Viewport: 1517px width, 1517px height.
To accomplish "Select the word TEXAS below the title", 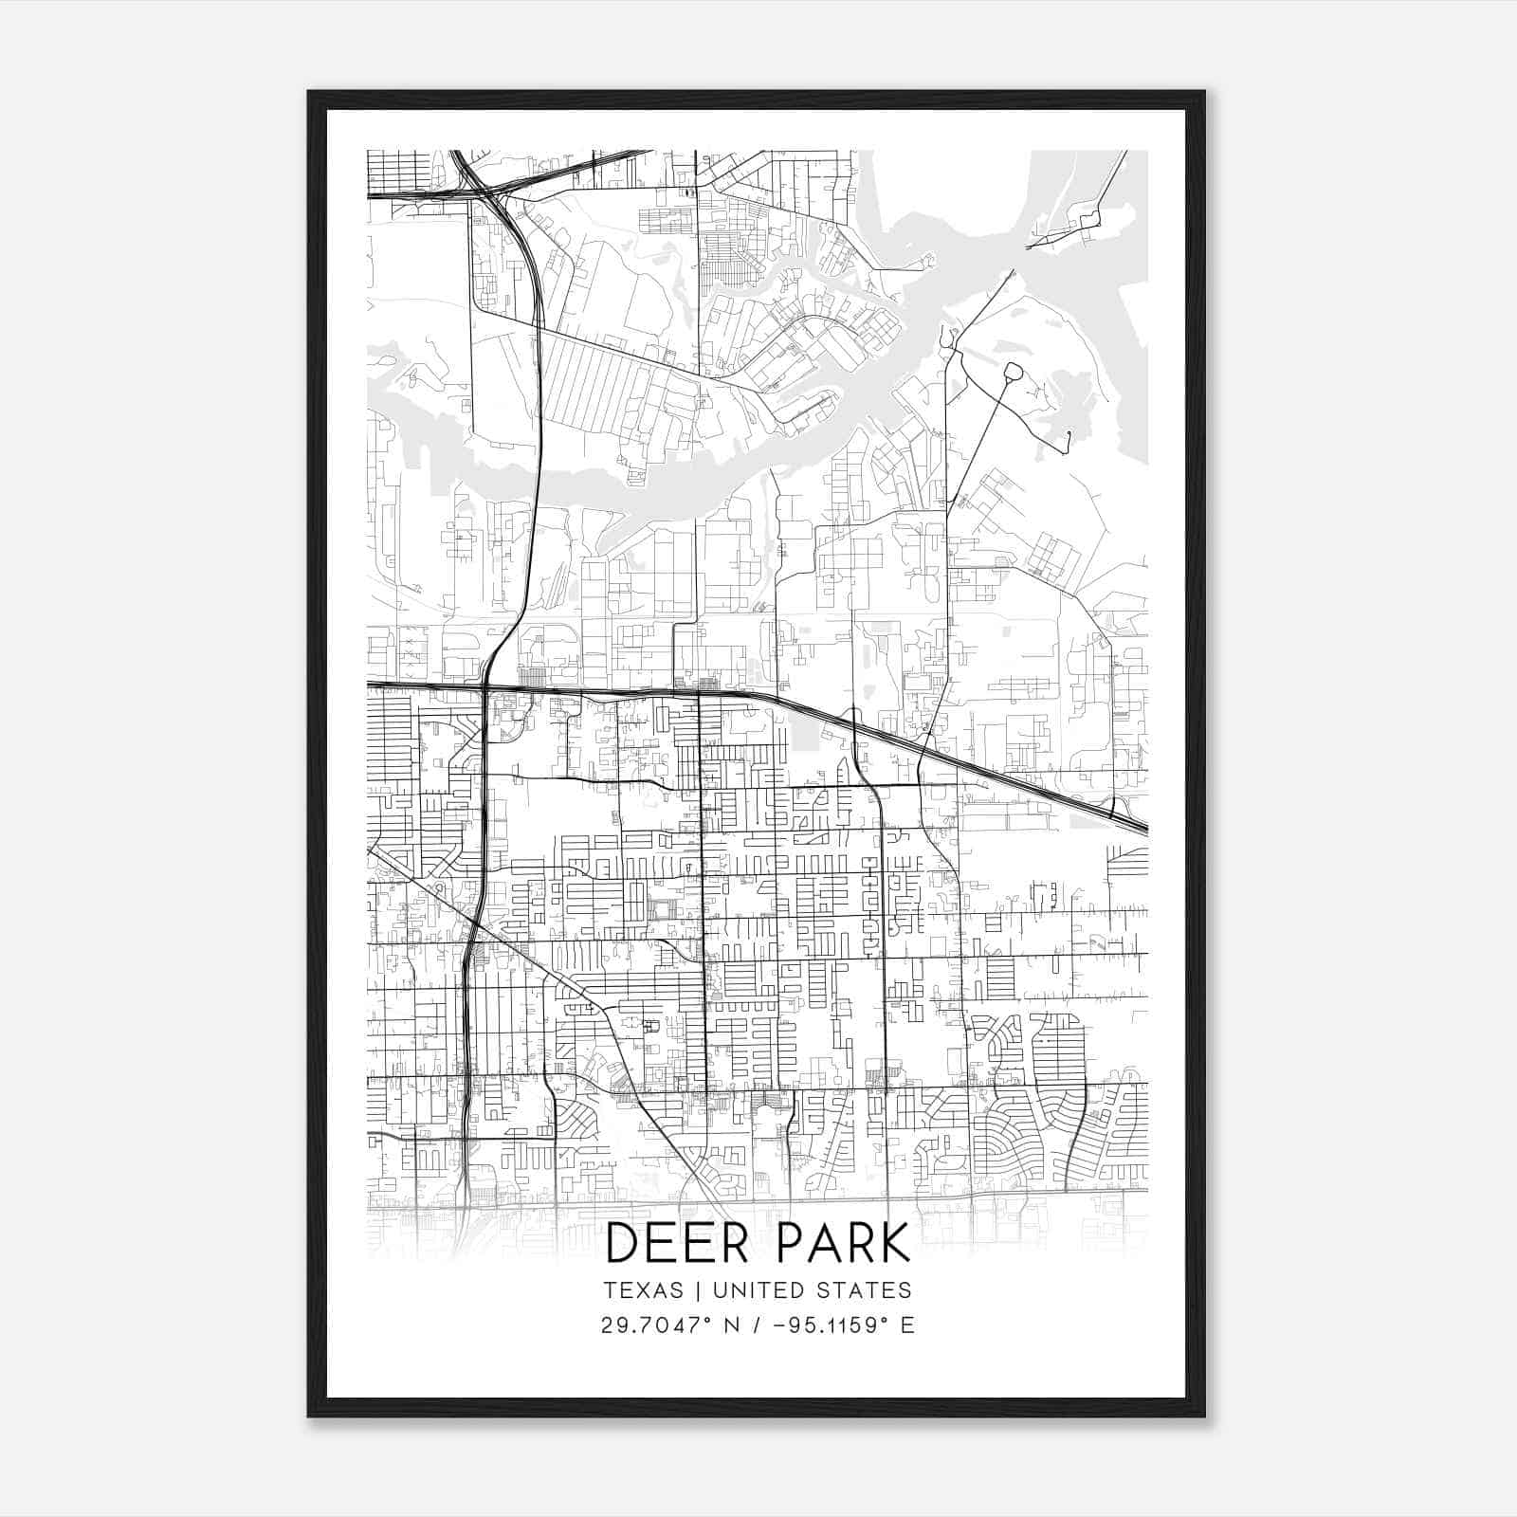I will pyautogui.click(x=643, y=1290).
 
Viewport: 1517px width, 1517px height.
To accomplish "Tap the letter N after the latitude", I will pyautogui.click(x=731, y=1325).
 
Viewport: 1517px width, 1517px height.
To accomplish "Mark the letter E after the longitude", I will pyautogui.click(x=907, y=1325).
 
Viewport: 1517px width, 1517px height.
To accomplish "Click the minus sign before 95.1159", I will pyautogui.click(x=781, y=1325).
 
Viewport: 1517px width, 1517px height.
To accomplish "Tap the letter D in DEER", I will pyautogui.click(x=620, y=1243).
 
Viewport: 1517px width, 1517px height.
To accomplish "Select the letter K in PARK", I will pyautogui.click(x=895, y=1243).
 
